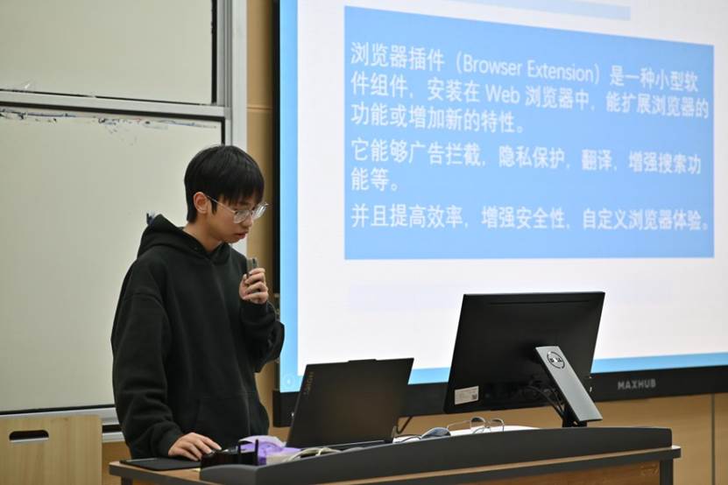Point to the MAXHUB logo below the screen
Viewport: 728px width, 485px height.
pyautogui.click(x=636, y=383)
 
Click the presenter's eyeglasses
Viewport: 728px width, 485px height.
pyautogui.click(x=239, y=210)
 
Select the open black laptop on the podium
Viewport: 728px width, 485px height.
pyautogui.click(x=350, y=403)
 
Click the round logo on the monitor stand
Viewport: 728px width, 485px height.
pyautogui.click(x=555, y=358)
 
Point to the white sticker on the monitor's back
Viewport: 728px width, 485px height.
pyautogui.click(x=466, y=395)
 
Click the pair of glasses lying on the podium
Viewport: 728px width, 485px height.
pyautogui.click(x=475, y=425)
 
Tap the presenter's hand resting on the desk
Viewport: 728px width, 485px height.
pyautogui.click(x=194, y=445)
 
